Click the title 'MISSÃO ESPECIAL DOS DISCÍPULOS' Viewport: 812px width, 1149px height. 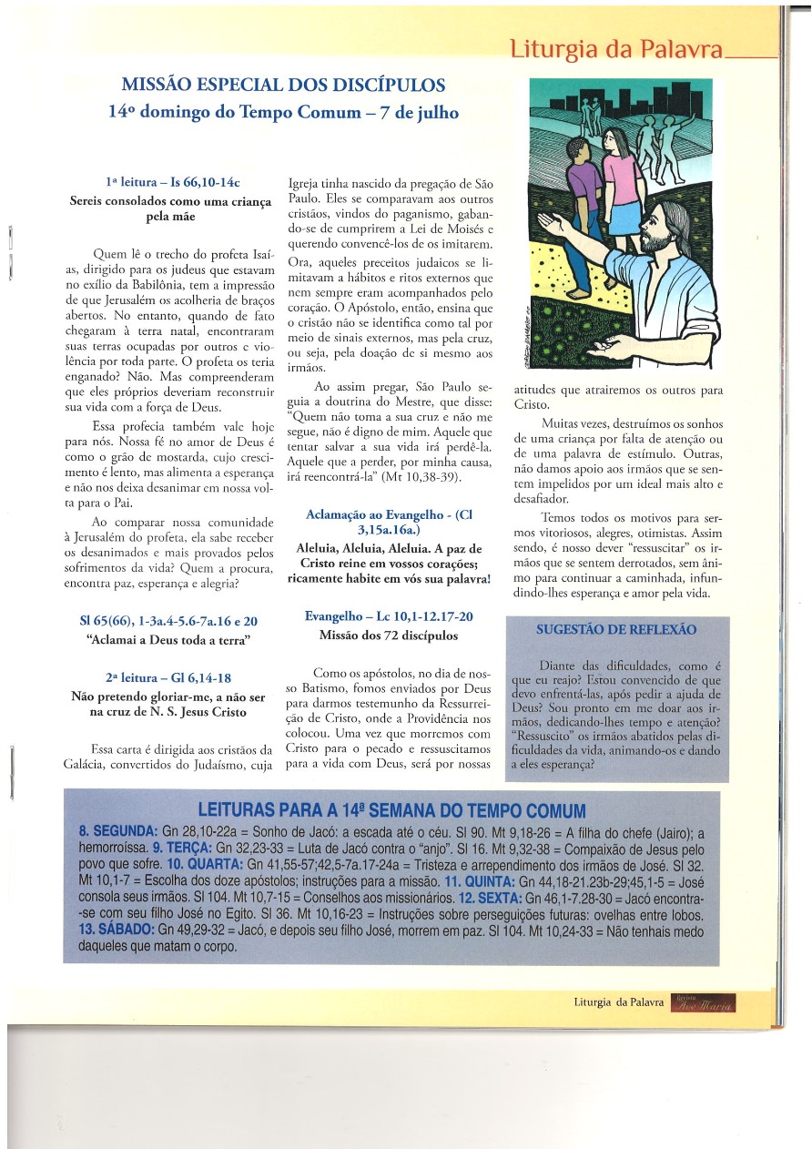(283, 86)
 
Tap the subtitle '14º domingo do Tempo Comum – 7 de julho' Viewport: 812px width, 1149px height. (283, 113)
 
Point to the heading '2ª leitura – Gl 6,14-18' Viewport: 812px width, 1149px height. (168, 678)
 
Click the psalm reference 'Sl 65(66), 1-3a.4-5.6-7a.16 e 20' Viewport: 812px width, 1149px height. (168, 621)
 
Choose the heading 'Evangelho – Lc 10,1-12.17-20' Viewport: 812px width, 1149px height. (389, 616)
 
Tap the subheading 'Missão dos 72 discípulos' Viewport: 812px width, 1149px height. (389, 636)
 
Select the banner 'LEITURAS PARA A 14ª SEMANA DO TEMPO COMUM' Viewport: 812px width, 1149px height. (391, 811)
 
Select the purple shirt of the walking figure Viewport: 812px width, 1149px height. (584, 188)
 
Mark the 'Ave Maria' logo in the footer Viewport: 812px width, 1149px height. (703, 1002)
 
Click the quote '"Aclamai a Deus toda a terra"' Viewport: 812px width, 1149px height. (168, 640)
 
